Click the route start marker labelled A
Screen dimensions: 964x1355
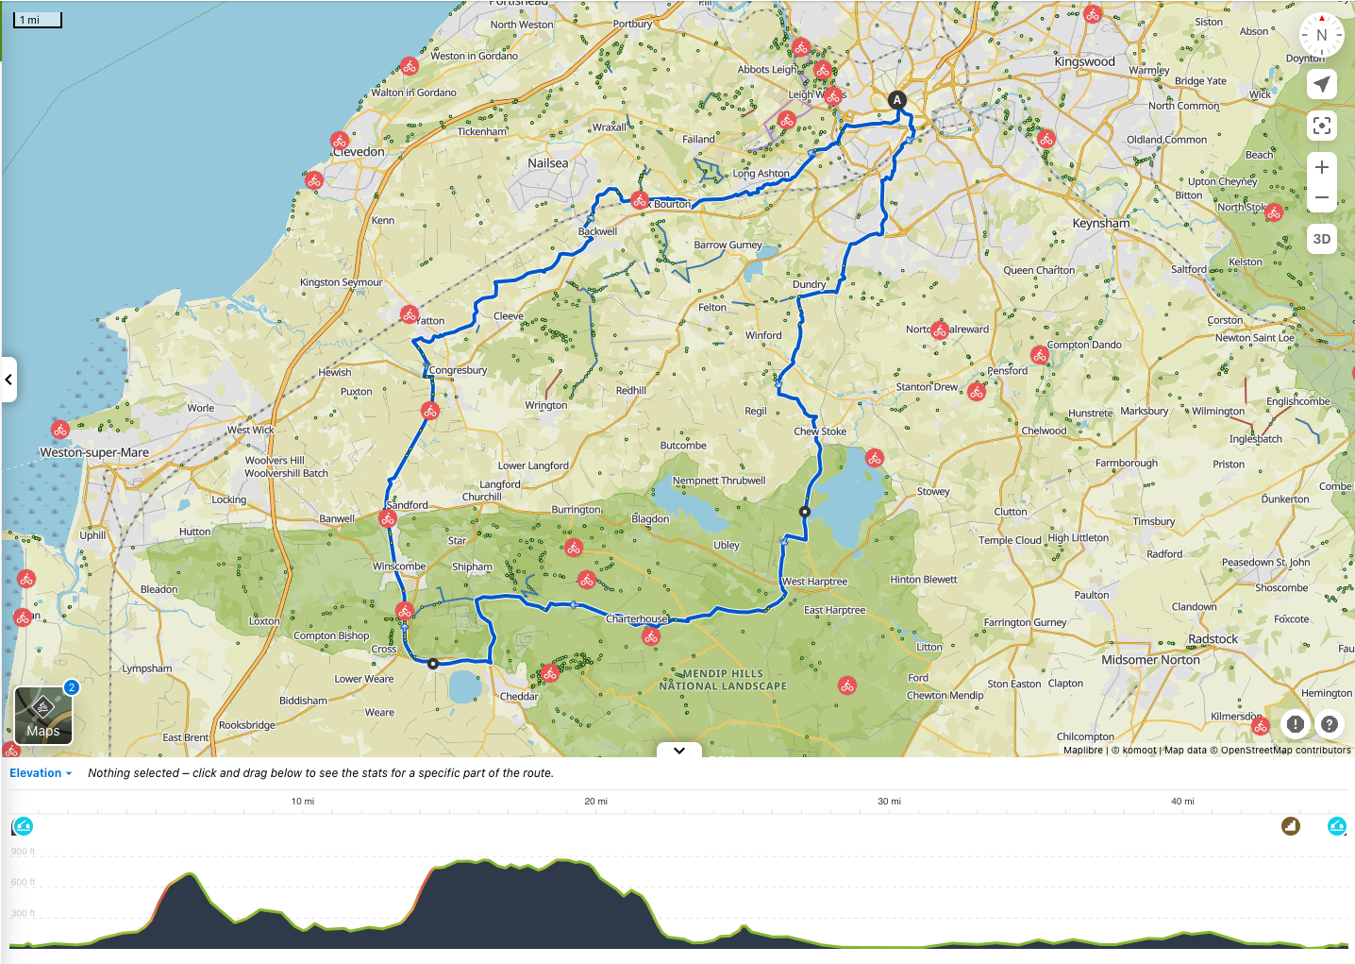tap(897, 100)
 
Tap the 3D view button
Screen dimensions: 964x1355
tap(1321, 239)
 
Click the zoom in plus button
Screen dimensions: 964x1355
tap(1321, 167)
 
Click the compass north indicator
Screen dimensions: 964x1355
tap(1321, 35)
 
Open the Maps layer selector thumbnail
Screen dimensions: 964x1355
tap(43, 716)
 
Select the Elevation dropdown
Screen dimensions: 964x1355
tap(41, 773)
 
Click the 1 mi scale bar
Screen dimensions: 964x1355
tap(38, 20)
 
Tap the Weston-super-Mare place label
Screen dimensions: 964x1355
tap(94, 452)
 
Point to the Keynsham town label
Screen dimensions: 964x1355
tap(1100, 224)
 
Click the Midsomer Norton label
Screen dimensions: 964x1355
tap(1150, 660)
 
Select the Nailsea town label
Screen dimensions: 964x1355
tap(548, 163)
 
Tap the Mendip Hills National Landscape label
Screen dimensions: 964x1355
tap(723, 680)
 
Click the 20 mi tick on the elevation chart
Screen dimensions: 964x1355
tap(595, 802)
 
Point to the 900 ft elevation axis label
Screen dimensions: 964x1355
tap(23, 852)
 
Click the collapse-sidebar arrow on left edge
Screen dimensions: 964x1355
tap(8, 380)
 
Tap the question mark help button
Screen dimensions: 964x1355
tap(1329, 724)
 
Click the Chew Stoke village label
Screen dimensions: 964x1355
tap(820, 431)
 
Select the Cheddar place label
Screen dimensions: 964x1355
tap(519, 697)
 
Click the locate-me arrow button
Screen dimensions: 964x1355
tap(1321, 84)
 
